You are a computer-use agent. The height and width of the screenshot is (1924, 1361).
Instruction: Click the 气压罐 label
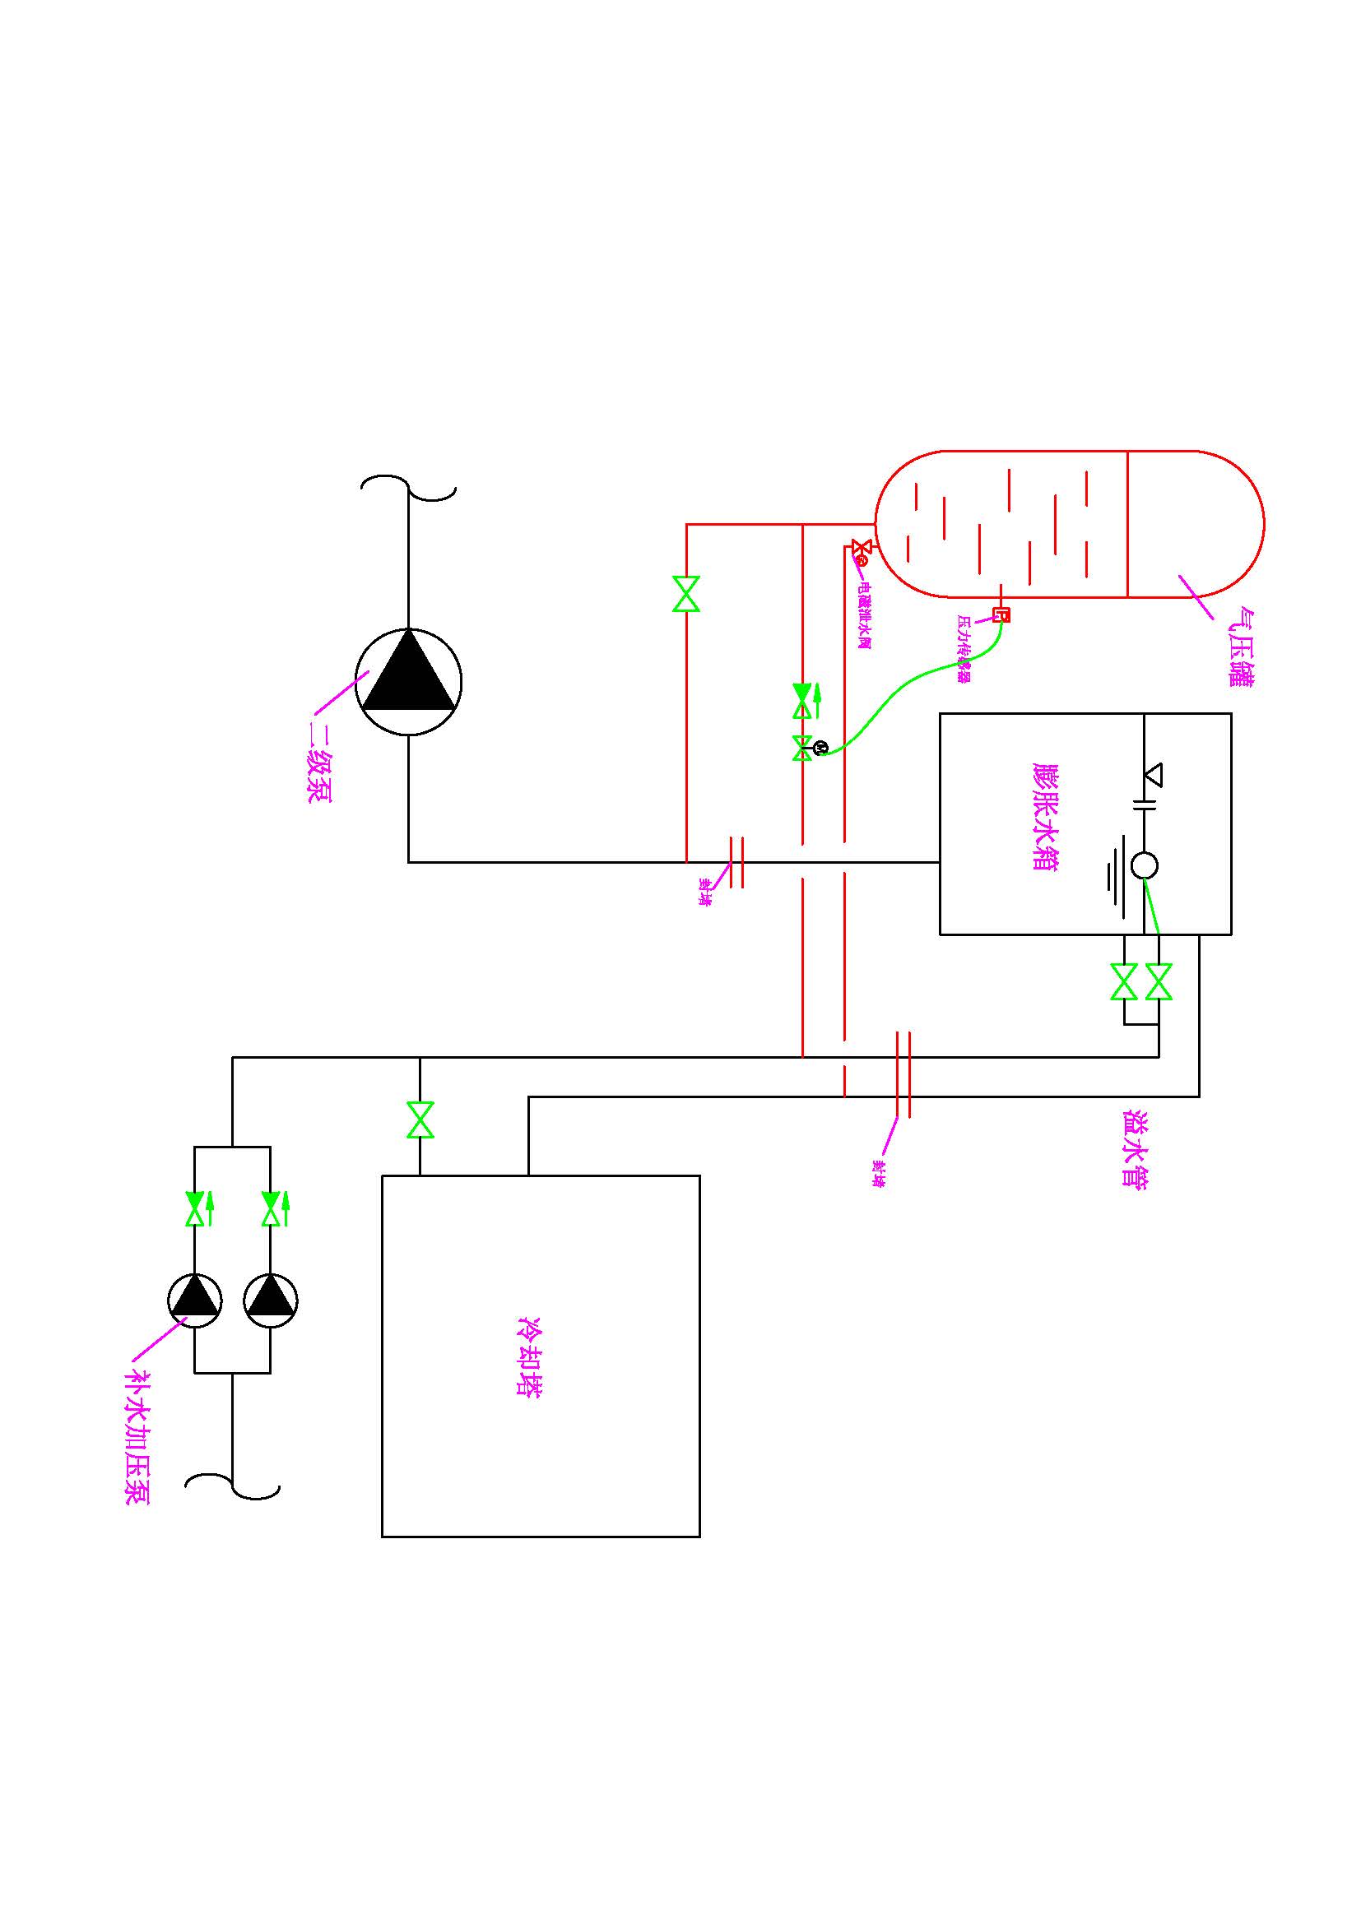[1240, 646]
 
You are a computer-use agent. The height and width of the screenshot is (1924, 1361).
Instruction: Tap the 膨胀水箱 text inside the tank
[1045, 817]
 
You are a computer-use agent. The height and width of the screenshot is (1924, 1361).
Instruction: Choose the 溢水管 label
[1135, 1149]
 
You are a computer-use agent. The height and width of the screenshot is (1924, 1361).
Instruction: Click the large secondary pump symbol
[408, 681]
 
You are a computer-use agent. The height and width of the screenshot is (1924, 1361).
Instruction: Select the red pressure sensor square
[1001, 615]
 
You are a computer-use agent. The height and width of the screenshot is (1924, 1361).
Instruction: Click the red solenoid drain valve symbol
[860, 549]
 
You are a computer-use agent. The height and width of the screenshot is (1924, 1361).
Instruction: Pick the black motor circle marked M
[821, 747]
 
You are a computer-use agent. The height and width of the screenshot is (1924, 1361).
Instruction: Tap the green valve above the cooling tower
[420, 1120]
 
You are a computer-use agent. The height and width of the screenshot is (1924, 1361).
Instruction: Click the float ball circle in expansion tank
[1144, 865]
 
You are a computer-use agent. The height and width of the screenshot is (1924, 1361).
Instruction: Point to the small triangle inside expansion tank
[1153, 773]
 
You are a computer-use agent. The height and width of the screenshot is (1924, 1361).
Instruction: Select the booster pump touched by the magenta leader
[194, 1300]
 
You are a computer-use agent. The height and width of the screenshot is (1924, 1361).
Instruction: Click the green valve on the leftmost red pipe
[686, 593]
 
